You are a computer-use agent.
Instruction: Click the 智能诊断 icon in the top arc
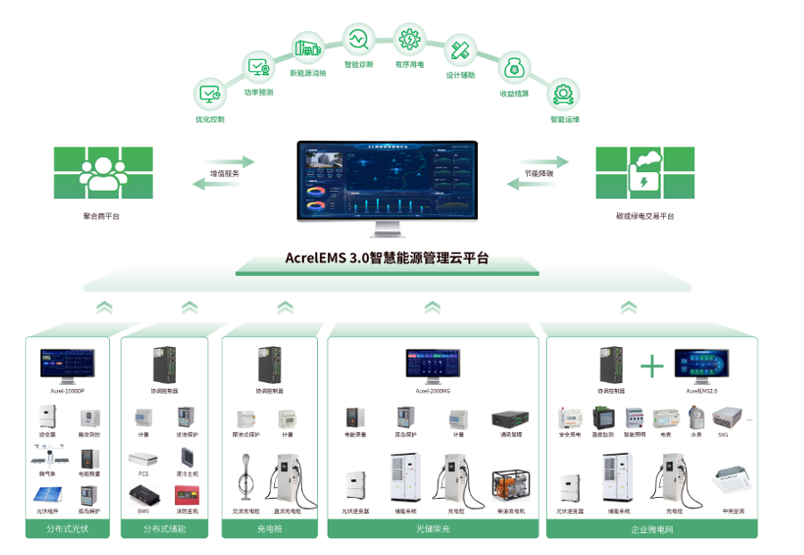click(x=357, y=40)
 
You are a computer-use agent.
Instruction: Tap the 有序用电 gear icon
click(x=409, y=39)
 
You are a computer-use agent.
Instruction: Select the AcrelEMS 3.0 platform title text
click(x=387, y=259)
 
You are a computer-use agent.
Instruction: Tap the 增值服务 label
click(x=224, y=174)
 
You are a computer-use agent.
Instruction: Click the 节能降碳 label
click(x=538, y=174)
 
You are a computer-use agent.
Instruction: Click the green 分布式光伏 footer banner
click(x=68, y=530)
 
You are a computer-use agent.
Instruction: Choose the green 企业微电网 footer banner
click(x=651, y=530)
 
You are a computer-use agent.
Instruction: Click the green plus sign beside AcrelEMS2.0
click(x=652, y=366)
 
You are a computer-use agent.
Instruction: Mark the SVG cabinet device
click(x=724, y=417)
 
